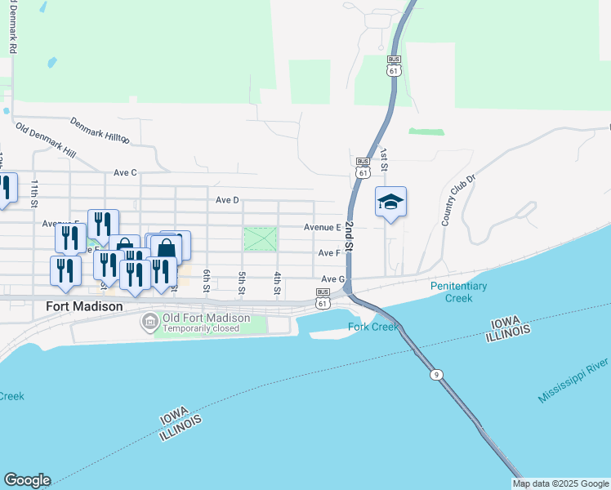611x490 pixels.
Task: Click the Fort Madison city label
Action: (80, 306)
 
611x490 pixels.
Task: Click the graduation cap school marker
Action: (391, 203)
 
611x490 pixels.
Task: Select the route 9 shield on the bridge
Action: (437, 374)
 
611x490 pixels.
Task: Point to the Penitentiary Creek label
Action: (459, 292)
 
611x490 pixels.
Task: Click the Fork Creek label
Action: (372, 327)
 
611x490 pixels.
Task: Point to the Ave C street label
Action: (125, 172)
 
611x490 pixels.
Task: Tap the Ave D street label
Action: (227, 199)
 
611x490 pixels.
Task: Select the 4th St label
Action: (278, 283)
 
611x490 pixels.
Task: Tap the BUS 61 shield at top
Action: (395, 65)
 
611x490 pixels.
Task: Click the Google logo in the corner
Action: (27, 480)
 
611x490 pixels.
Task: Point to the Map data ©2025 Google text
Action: (560, 483)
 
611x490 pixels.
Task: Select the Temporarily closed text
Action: (201, 328)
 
